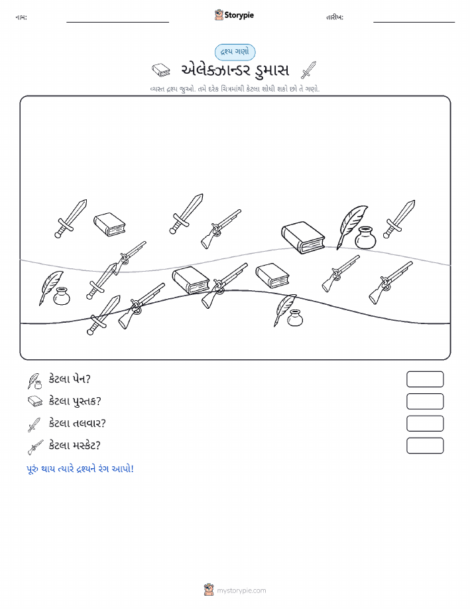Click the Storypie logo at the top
click(234, 15)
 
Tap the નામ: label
click(21, 17)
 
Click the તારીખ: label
click(335, 17)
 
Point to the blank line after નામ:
click(117, 22)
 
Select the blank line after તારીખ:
click(414, 22)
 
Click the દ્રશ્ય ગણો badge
click(235, 52)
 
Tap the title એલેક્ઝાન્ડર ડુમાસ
click(235, 70)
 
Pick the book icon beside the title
click(160, 70)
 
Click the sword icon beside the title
click(309, 70)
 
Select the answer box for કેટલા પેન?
click(425, 379)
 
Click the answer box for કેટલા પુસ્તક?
click(425, 401)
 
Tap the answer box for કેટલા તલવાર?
click(425, 423)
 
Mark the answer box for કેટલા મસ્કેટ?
click(425, 446)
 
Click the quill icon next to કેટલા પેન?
click(34, 381)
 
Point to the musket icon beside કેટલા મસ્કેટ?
click(35, 448)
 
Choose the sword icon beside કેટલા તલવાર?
click(34, 425)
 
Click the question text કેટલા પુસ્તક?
click(75, 401)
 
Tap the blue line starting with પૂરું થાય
click(80, 469)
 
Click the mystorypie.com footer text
click(241, 590)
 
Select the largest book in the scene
click(303, 237)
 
